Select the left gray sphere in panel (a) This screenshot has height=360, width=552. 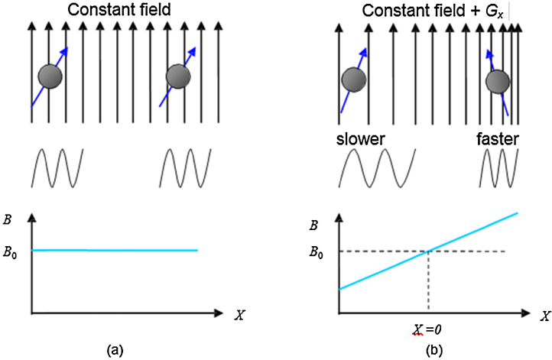(x=50, y=76)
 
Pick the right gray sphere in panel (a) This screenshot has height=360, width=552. (x=178, y=76)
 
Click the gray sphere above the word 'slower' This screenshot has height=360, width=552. (x=353, y=79)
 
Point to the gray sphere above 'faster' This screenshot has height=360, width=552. (x=498, y=80)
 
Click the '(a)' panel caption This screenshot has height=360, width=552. (x=115, y=350)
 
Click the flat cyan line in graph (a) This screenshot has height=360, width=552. (x=115, y=250)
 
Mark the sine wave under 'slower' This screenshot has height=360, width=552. (x=375, y=167)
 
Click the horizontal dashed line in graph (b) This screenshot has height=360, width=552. (x=382, y=251)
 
